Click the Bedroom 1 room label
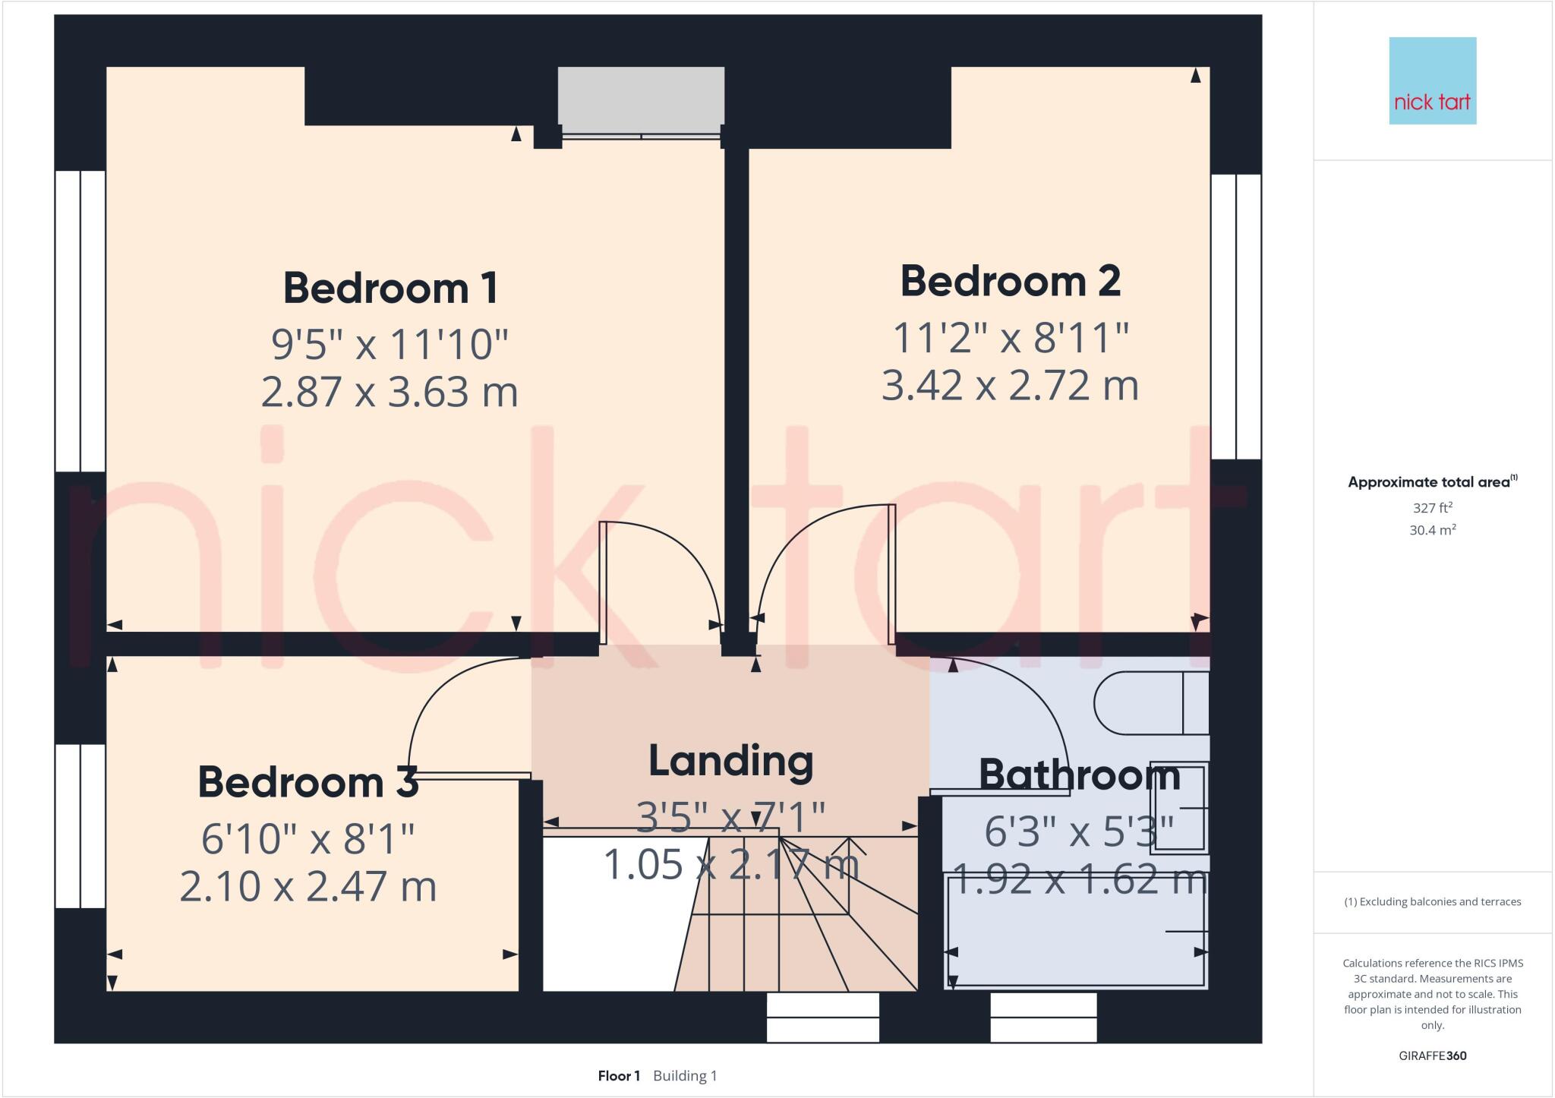tap(390, 289)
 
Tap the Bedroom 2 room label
tap(1010, 282)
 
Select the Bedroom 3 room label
tap(308, 782)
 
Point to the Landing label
tap(730, 761)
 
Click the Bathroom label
tap(1079, 775)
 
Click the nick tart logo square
tap(1432, 80)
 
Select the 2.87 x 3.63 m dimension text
tap(390, 393)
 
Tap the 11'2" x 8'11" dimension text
tap(1010, 338)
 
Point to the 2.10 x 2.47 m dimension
tap(308, 886)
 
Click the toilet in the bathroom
tap(1150, 703)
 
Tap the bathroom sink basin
tap(1178, 808)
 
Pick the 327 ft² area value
tap(1432, 508)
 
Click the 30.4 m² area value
tap(1432, 530)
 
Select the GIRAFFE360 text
tap(1432, 1055)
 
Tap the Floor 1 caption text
tap(619, 1076)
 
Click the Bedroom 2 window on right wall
tap(1235, 317)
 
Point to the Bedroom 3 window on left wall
tap(80, 825)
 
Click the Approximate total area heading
tap(1430, 482)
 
